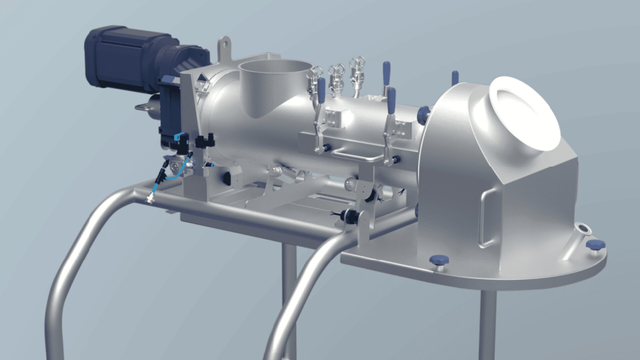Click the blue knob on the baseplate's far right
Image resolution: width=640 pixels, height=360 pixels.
595,245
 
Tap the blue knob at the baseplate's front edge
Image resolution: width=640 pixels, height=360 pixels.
439,260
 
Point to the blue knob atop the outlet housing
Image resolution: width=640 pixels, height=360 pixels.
455,77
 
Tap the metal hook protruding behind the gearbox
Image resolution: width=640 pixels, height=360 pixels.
143,107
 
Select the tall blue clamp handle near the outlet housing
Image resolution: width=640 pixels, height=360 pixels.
386,73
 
